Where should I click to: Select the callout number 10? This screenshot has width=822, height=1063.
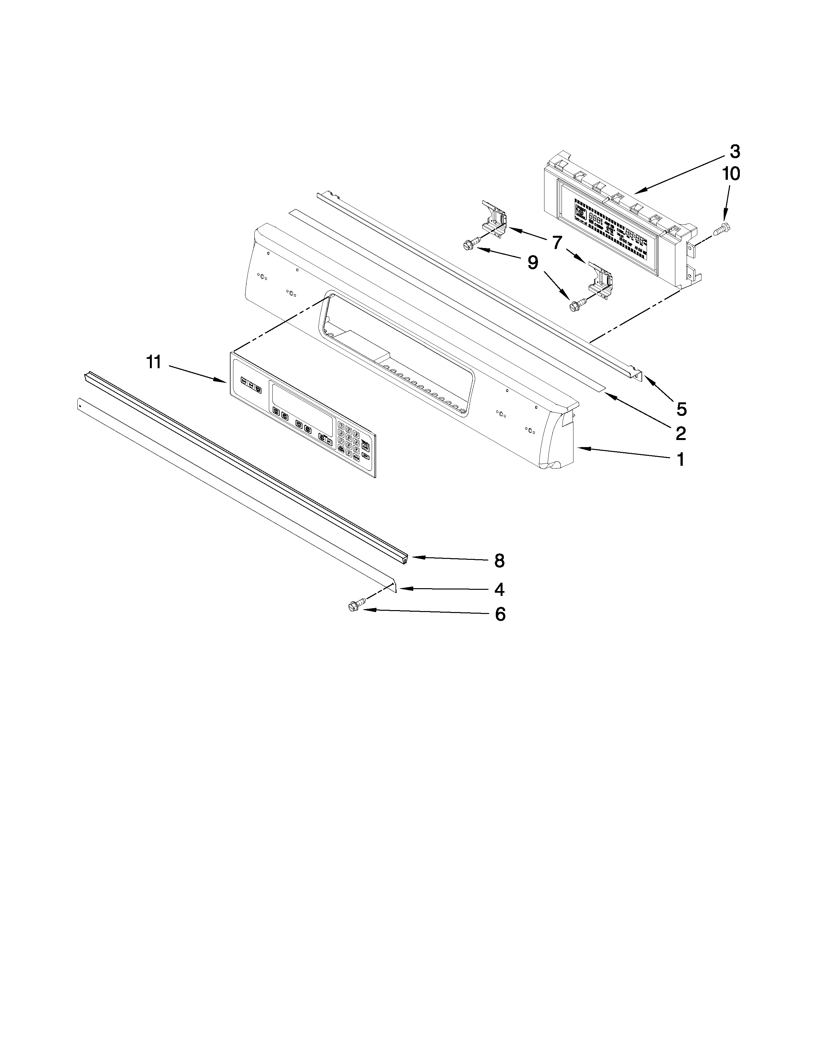coord(730,173)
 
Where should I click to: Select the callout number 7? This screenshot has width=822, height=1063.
coord(557,242)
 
